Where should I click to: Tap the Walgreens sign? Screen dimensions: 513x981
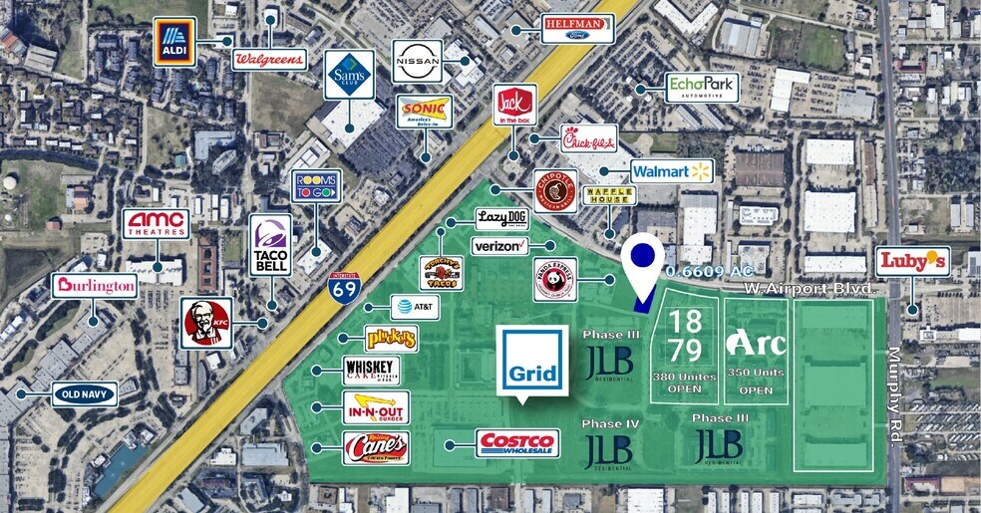click(x=269, y=59)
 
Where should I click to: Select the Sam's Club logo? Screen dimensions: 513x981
click(x=349, y=75)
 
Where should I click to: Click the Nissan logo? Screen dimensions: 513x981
click(x=417, y=61)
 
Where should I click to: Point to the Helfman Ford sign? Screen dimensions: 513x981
click(x=577, y=28)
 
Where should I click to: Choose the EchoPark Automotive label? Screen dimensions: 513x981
click(x=702, y=87)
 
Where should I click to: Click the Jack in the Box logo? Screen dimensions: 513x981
click(x=514, y=106)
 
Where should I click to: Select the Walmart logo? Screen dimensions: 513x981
click(x=671, y=171)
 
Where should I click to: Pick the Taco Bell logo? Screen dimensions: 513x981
click(x=270, y=244)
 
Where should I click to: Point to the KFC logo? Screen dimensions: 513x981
click(x=206, y=323)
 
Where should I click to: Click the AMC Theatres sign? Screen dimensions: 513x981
click(x=156, y=224)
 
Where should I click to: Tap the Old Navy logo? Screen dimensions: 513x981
click(x=85, y=393)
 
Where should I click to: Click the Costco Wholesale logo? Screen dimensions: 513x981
click(x=516, y=443)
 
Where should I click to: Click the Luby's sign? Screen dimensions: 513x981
click(x=912, y=261)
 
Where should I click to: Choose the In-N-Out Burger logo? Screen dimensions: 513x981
click(x=375, y=408)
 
